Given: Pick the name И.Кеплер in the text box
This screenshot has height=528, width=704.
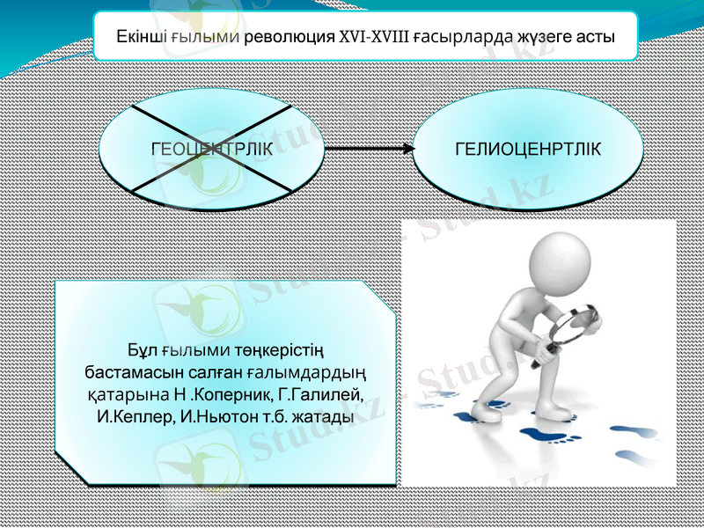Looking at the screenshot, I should click(135, 414).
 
